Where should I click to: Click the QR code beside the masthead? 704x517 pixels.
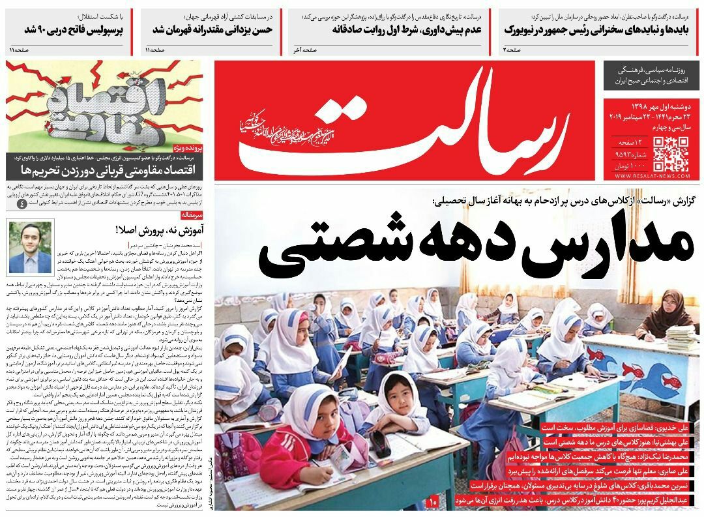coord(671,153)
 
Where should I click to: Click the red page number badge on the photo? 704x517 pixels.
coord(433,501)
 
